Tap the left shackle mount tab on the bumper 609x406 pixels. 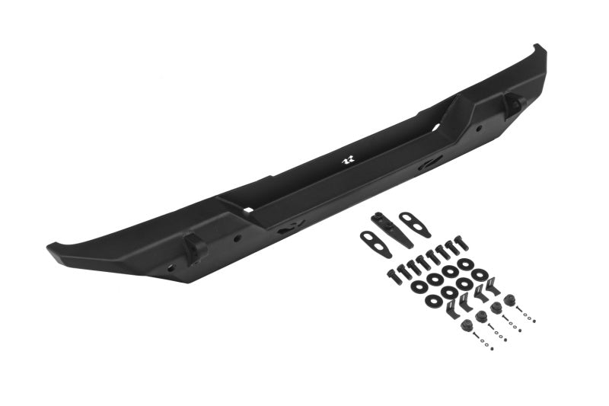pos(194,245)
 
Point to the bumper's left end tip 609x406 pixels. pos(55,248)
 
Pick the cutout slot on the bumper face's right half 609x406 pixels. pos(430,161)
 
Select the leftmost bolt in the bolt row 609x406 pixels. pos(394,276)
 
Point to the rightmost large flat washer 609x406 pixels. pos(479,273)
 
